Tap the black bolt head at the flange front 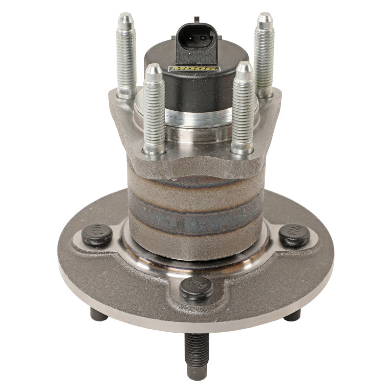(196, 288)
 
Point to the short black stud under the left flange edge (99, 316)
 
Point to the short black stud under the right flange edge (292, 316)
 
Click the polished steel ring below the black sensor (198, 118)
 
